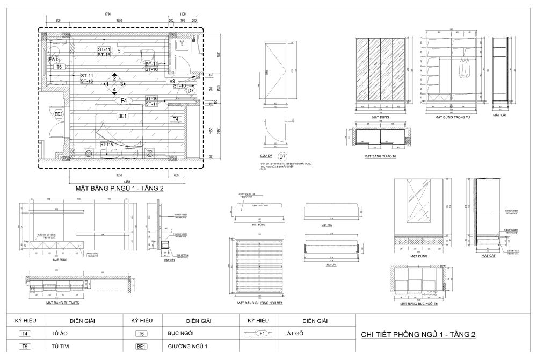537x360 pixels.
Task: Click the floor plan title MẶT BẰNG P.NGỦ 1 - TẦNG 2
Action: click(119, 189)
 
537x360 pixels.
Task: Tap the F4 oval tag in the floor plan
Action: click(124, 100)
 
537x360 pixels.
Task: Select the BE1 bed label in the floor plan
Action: click(122, 116)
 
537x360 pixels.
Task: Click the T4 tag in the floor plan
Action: click(176, 119)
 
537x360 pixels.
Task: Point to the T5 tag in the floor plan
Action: click(118, 51)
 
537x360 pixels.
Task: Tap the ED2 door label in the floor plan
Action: click(59, 114)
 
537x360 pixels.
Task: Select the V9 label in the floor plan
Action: click(173, 81)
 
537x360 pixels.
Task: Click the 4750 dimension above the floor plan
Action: click(107, 14)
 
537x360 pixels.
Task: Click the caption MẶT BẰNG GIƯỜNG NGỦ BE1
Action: click(260, 303)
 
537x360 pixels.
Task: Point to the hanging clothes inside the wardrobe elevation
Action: click(465, 68)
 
